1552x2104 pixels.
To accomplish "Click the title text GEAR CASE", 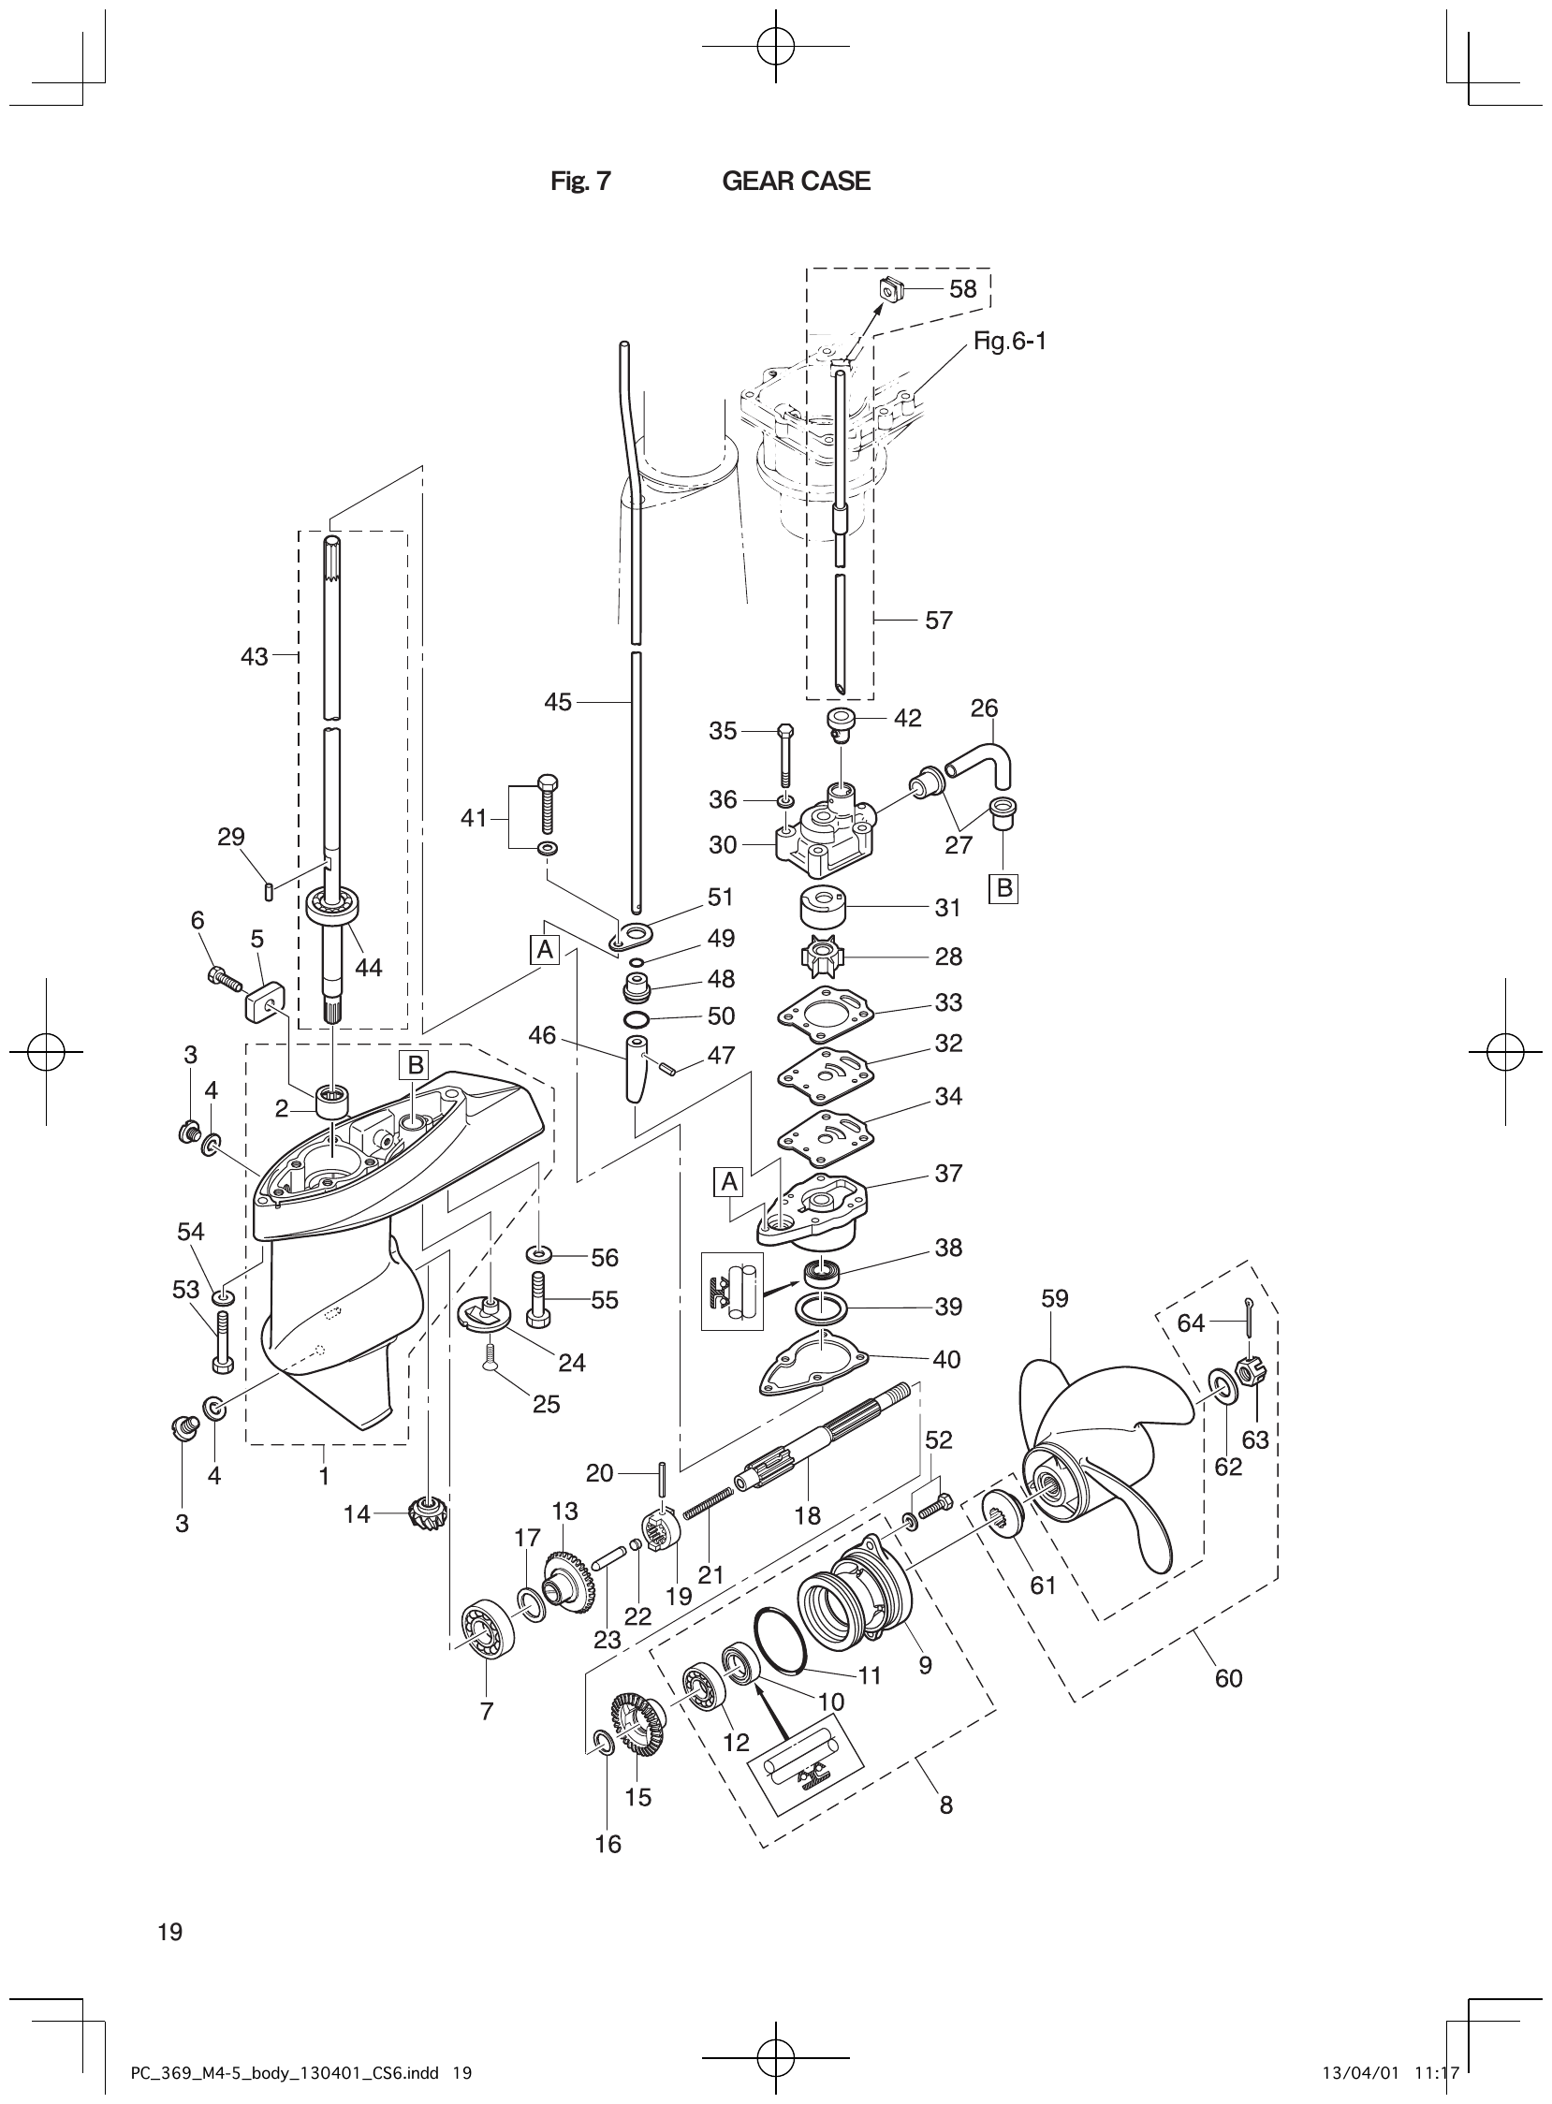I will click(796, 182).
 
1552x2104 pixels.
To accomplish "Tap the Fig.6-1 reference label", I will click(1009, 341).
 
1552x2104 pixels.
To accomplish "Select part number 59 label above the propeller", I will click(1055, 1298).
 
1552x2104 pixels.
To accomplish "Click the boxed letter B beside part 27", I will click(1004, 887).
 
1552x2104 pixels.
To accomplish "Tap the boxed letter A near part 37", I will click(729, 1182).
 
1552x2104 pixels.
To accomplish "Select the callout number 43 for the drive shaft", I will click(254, 656).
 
